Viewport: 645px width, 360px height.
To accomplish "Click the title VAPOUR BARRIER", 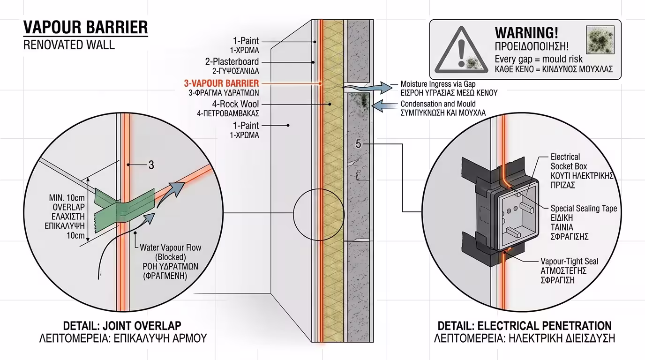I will click(85, 28).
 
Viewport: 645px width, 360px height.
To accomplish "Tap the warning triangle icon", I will click(461, 50).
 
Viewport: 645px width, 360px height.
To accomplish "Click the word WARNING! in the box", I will click(526, 33).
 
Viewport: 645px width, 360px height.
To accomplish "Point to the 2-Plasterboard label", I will click(232, 61).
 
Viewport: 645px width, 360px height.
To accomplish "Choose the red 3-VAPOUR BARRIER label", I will click(221, 83).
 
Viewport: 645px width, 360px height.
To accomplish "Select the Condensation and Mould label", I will click(438, 104).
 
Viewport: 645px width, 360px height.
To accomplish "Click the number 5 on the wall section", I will click(359, 144).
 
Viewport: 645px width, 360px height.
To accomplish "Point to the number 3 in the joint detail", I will click(151, 165).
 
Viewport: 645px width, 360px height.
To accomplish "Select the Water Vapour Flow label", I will click(170, 247).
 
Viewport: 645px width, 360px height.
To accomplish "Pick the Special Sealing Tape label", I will click(584, 208).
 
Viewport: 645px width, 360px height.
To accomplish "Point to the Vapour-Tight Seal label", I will click(569, 262).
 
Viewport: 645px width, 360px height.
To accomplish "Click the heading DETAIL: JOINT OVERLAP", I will click(122, 326).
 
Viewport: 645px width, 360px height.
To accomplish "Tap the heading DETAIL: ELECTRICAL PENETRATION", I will click(524, 326).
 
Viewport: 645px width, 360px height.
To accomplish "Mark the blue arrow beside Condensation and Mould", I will click(385, 106).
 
